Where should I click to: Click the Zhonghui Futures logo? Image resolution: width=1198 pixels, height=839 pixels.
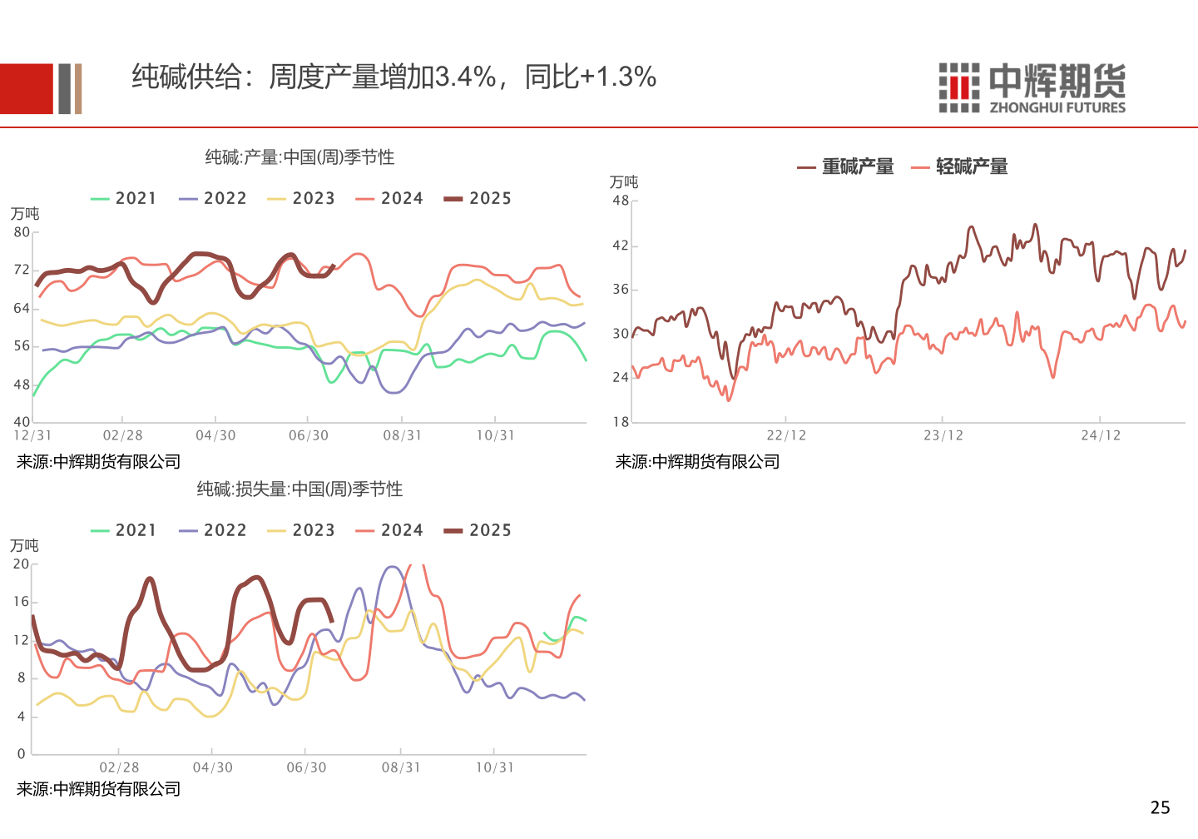coord(1032,87)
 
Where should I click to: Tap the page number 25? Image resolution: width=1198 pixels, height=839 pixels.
coord(1160,807)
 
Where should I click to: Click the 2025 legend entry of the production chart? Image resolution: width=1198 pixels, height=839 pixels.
coord(478,199)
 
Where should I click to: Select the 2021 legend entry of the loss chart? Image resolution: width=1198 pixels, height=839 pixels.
coord(123,531)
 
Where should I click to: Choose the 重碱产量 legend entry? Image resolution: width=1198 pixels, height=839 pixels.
coord(846,167)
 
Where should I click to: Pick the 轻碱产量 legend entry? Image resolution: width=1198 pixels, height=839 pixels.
coord(960,167)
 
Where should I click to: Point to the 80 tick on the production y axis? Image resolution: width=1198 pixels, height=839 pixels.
coord(22,232)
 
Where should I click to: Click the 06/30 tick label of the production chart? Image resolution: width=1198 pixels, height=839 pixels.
coord(308,435)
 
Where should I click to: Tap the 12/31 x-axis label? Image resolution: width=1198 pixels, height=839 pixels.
coord(32,435)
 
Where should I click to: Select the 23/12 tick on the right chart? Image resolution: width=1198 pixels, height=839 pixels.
coord(943,435)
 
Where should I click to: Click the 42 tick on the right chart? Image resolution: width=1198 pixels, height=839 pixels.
coord(621,246)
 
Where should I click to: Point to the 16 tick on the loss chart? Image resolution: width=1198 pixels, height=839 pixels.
coord(21,602)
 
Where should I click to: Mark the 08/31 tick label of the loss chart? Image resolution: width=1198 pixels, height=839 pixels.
coord(401,767)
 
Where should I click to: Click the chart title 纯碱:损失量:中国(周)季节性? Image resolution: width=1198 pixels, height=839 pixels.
coord(299,489)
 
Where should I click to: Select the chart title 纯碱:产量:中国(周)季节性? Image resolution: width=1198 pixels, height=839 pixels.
coord(299,157)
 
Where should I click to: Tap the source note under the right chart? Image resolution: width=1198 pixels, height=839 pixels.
coord(697,462)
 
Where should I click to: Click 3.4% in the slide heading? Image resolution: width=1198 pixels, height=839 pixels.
coord(466,77)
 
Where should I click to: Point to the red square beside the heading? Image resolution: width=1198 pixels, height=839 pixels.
coord(27,89)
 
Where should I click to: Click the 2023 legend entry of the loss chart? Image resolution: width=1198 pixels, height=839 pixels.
coord(300,531)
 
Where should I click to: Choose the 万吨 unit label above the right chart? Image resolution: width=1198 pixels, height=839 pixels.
coord(624,182)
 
